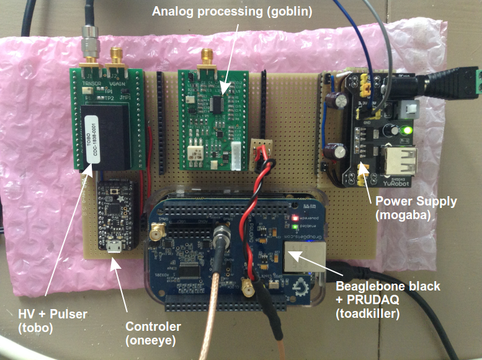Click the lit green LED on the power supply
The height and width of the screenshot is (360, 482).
click(x=406, y=130)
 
